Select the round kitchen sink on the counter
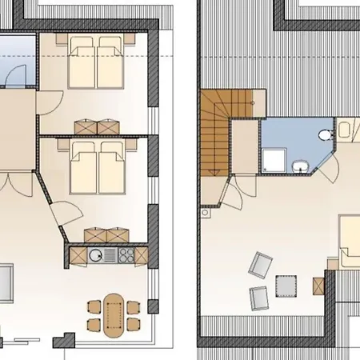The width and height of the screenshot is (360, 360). point(95,255)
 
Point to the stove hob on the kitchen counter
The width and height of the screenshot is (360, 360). point(126,255)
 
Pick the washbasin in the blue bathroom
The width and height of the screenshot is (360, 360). point(299,166)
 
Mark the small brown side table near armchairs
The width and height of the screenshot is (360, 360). point(318,286)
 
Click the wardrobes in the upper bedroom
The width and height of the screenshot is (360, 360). point(97,126)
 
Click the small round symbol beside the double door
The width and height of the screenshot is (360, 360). point(205,214)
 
